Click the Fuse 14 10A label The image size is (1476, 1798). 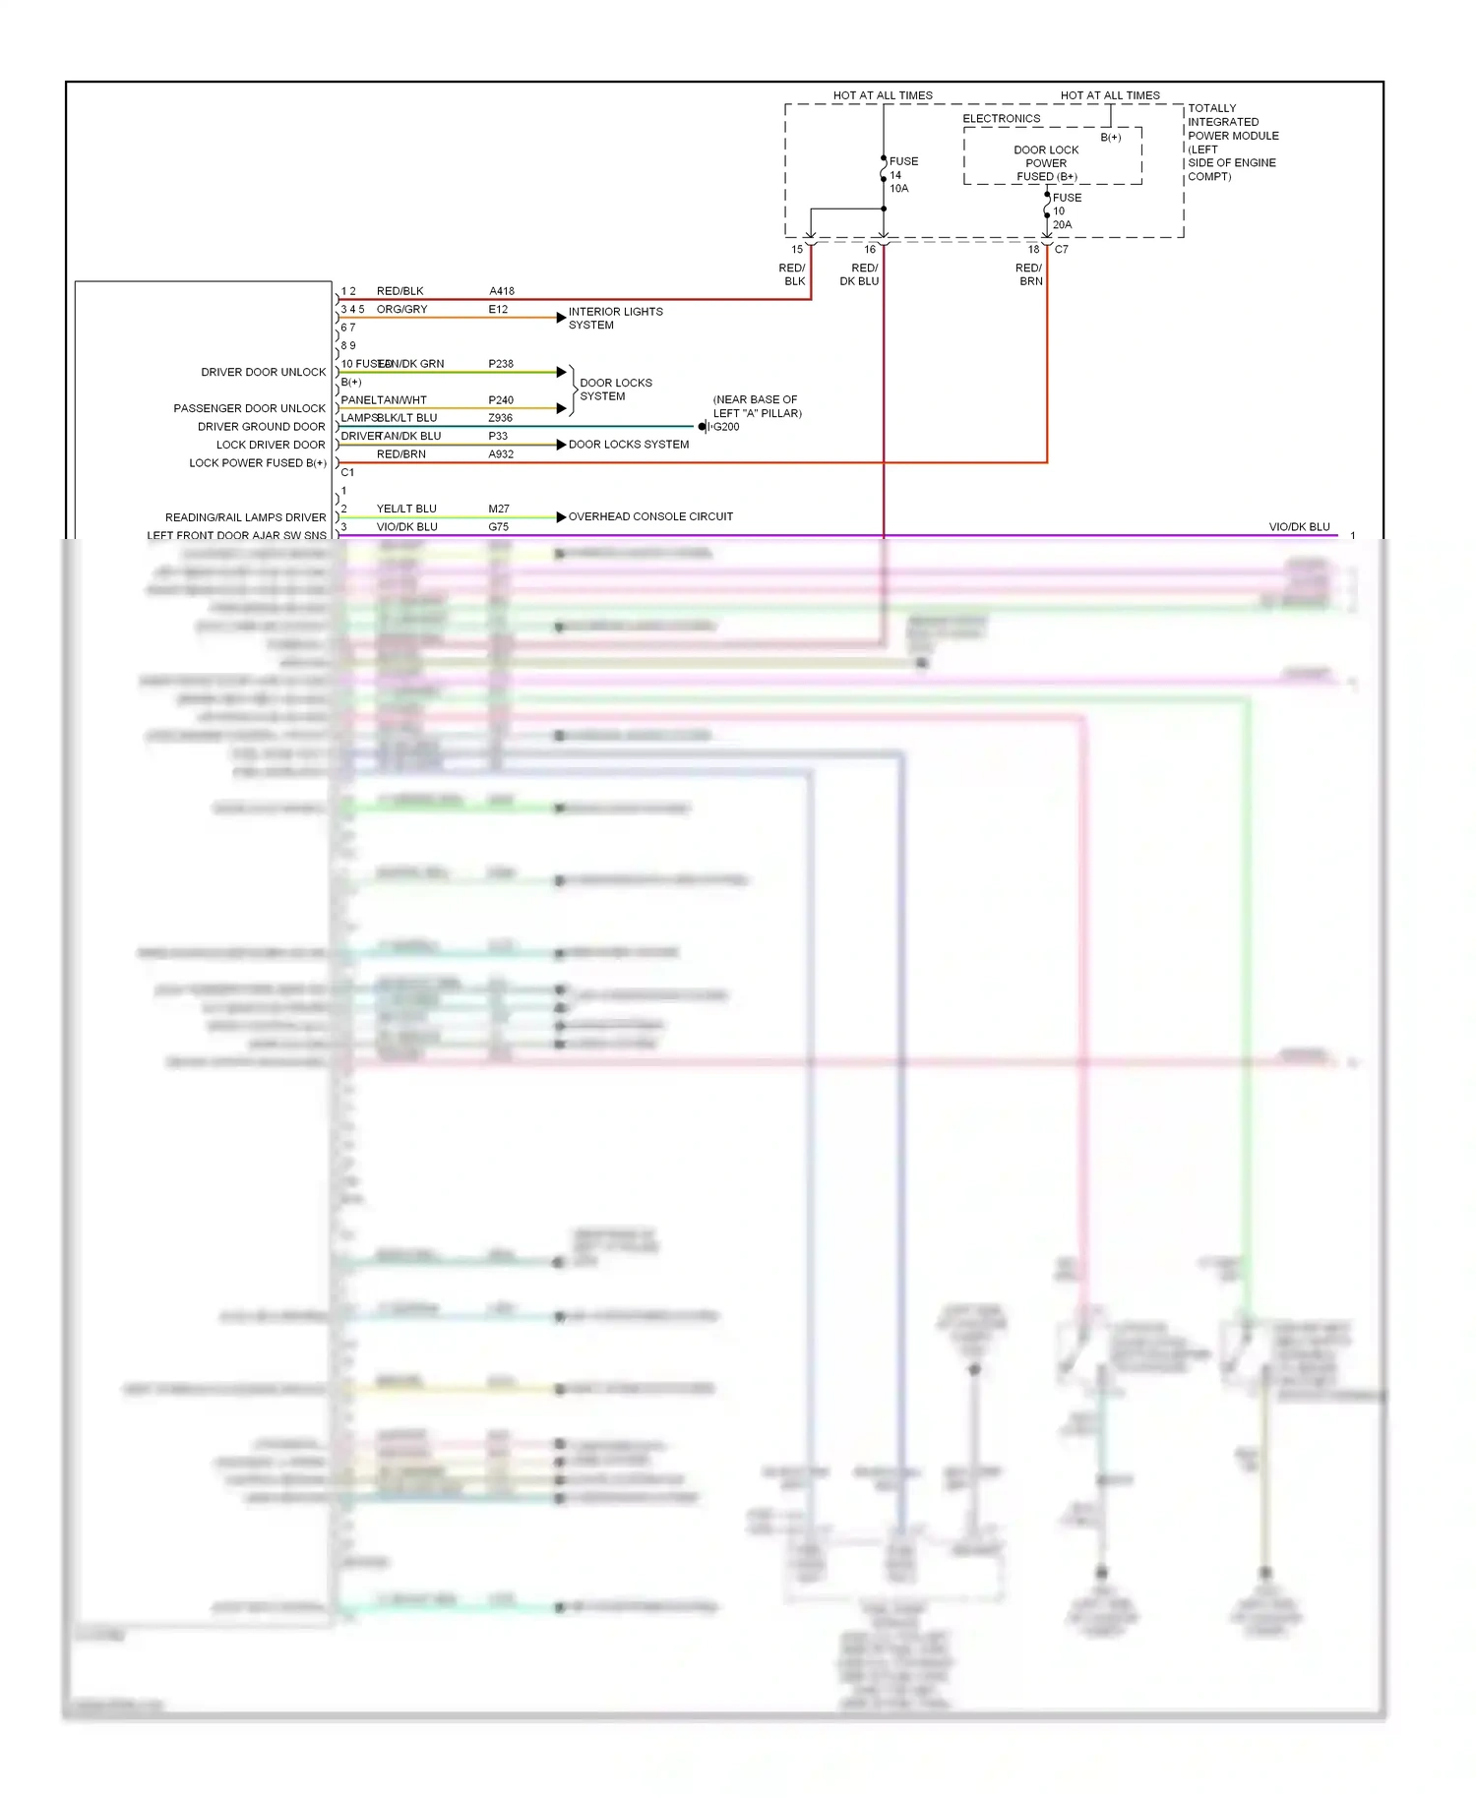902,175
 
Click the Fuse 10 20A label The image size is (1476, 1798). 1066,211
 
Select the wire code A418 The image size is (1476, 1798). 502,291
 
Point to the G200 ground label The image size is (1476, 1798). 725,427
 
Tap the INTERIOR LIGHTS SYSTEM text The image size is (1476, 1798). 615,318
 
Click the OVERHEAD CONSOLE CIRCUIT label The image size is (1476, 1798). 650,516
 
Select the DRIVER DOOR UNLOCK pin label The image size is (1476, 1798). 263,372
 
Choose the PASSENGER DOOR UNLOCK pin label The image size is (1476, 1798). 249,408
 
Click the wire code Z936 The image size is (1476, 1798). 500,418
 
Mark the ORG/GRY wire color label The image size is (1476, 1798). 401,309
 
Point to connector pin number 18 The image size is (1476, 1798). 1033,250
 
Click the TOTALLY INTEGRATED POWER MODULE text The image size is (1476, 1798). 1232,142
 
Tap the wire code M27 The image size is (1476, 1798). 499,509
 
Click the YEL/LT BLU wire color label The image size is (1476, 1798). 406,509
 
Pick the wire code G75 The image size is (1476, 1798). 499,527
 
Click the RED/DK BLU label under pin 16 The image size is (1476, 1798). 859,274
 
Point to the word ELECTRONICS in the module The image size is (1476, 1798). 1001,119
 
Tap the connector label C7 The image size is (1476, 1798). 1061,250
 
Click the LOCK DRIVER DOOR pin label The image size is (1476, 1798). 271,445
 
